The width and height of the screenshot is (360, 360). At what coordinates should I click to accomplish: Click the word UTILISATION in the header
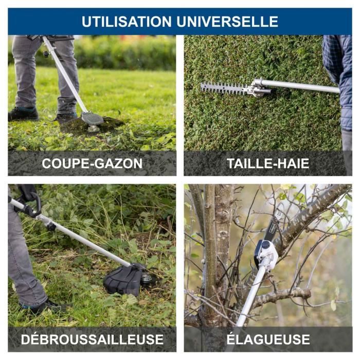point(127,22)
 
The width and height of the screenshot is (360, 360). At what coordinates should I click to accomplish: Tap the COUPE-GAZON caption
point(92,164)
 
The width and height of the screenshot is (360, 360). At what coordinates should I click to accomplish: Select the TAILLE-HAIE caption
point(268,164)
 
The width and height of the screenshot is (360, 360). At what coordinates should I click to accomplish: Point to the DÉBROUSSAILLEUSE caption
point(92,339)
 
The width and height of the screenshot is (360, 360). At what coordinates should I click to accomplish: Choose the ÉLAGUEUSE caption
point(268,339)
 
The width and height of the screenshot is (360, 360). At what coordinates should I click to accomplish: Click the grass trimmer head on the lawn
point(93,120)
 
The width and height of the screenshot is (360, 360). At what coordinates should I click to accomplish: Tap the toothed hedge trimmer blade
point(223,88)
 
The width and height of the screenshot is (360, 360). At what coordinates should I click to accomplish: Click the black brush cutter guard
point(123,281)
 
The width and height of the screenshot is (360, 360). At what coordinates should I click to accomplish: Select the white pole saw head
point(266,252)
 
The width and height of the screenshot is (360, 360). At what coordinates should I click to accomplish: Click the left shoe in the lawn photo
point(23,114)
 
